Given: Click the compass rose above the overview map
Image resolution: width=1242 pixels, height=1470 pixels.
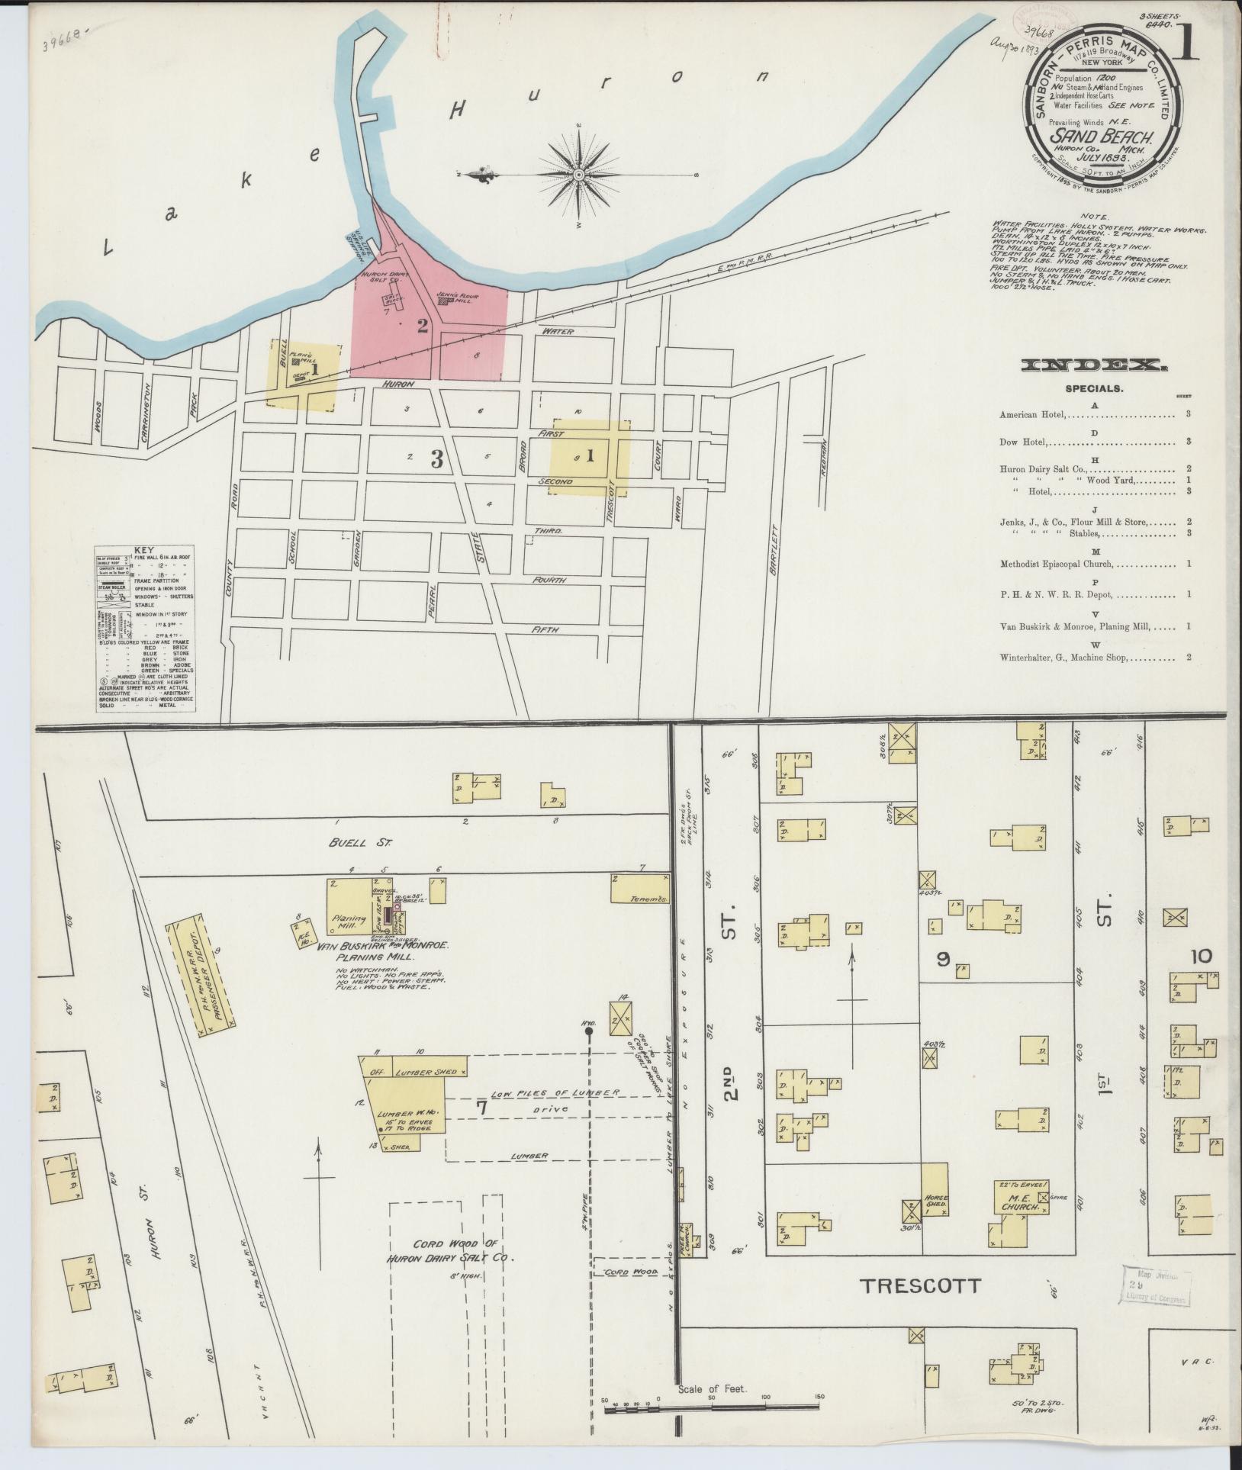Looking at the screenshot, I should pyautogui.click(x=578, y=175).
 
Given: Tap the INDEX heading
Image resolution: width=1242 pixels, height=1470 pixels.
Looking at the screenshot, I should pyautogui.click(x=1092, y=365).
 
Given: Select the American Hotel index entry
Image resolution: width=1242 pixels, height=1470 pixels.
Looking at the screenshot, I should pyautogui.click(x=1034, y=415).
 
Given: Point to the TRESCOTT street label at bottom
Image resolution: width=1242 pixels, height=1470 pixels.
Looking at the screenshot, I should pyautogui.click(x=919, y=1285).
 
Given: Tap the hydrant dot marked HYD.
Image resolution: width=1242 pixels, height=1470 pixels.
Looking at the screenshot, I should pyautogui.click(x=588, y=1031).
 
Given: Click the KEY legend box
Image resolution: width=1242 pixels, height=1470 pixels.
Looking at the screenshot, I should pyautogui.click(x=144, y=629).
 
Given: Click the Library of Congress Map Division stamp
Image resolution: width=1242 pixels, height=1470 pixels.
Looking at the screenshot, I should pyautogui.click(x=1156, y=1286).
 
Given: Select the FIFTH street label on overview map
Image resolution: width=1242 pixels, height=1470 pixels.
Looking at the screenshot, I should pyautogui.click(x=547, y=629).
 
